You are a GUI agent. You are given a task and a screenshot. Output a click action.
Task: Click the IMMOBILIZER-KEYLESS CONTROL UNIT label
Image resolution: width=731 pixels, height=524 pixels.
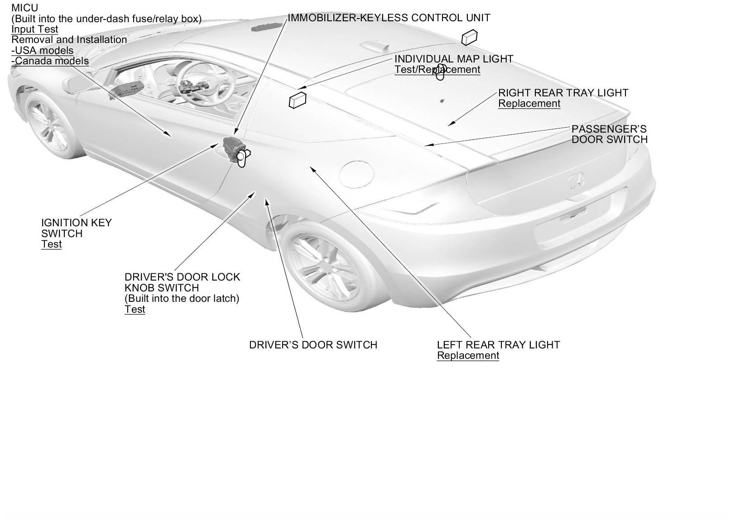click(389, 18)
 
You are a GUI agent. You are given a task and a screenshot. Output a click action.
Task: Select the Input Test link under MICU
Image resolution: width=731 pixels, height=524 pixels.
click(35, 29)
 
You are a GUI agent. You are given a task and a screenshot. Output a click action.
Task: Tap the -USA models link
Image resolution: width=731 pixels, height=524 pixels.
click(42, 50)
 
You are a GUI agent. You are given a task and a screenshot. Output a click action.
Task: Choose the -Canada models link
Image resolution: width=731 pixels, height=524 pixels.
click(50, 61)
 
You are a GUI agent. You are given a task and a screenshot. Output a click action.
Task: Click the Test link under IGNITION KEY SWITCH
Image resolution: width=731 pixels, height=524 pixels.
click(51, 244)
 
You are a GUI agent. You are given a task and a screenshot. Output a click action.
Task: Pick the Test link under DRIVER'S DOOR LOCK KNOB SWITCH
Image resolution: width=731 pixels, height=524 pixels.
click(135, 310)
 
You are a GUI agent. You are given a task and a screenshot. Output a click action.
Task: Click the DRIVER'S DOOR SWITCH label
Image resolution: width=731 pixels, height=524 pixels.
click(313, 345)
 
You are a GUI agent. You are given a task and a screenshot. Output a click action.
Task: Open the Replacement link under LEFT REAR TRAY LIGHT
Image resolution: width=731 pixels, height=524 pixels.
click(468, 356)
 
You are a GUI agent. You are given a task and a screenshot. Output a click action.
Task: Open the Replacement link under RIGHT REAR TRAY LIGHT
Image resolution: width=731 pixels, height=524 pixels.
click(529, 104)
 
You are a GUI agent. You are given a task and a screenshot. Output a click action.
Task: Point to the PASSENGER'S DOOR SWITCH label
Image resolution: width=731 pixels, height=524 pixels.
click(609, 134)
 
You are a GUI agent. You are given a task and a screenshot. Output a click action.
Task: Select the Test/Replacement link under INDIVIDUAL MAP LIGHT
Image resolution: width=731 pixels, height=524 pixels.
click(437, 70)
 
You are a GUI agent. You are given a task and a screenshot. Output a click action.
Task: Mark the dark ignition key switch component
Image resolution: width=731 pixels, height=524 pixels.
click(234, 148)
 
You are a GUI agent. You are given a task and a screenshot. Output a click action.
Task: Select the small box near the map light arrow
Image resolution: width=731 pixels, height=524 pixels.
click(297, 100)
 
